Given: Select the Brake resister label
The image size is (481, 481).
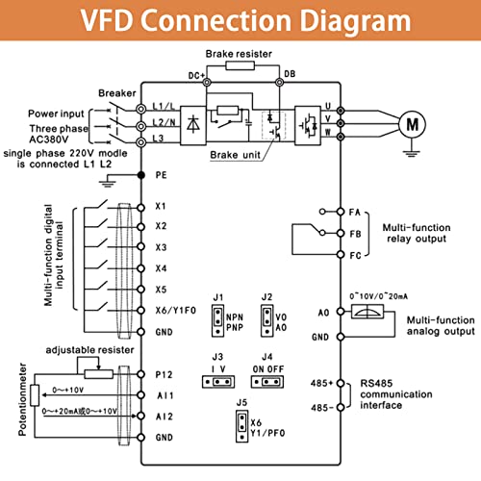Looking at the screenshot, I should click(240, 55).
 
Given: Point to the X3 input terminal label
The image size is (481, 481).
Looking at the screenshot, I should click(162, 246).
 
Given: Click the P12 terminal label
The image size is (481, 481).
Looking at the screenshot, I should click(163, 373).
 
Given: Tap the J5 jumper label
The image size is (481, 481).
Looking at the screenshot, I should click(242, 403).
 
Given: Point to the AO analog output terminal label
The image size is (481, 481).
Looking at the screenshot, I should click(323, 312).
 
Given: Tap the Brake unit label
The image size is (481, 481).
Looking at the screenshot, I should click(235, 153).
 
